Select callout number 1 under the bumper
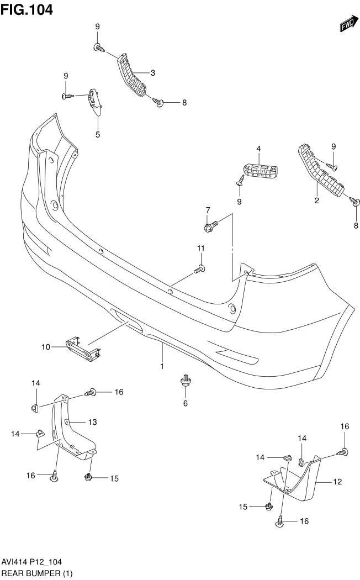pos(162,366)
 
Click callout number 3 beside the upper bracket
pos(152,73)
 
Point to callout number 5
pos(98,134)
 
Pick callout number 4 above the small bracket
pos(258,149)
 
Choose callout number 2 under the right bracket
pos(317,201)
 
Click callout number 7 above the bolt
pos(208,210)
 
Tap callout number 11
pos(202,247)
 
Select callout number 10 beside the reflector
pos(45,347)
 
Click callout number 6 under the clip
pos(186,404)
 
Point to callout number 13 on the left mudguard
pos(92,422)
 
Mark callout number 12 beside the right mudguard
pos(337,482)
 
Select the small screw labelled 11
pos(200,268)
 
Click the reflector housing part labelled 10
pos(81,347)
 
